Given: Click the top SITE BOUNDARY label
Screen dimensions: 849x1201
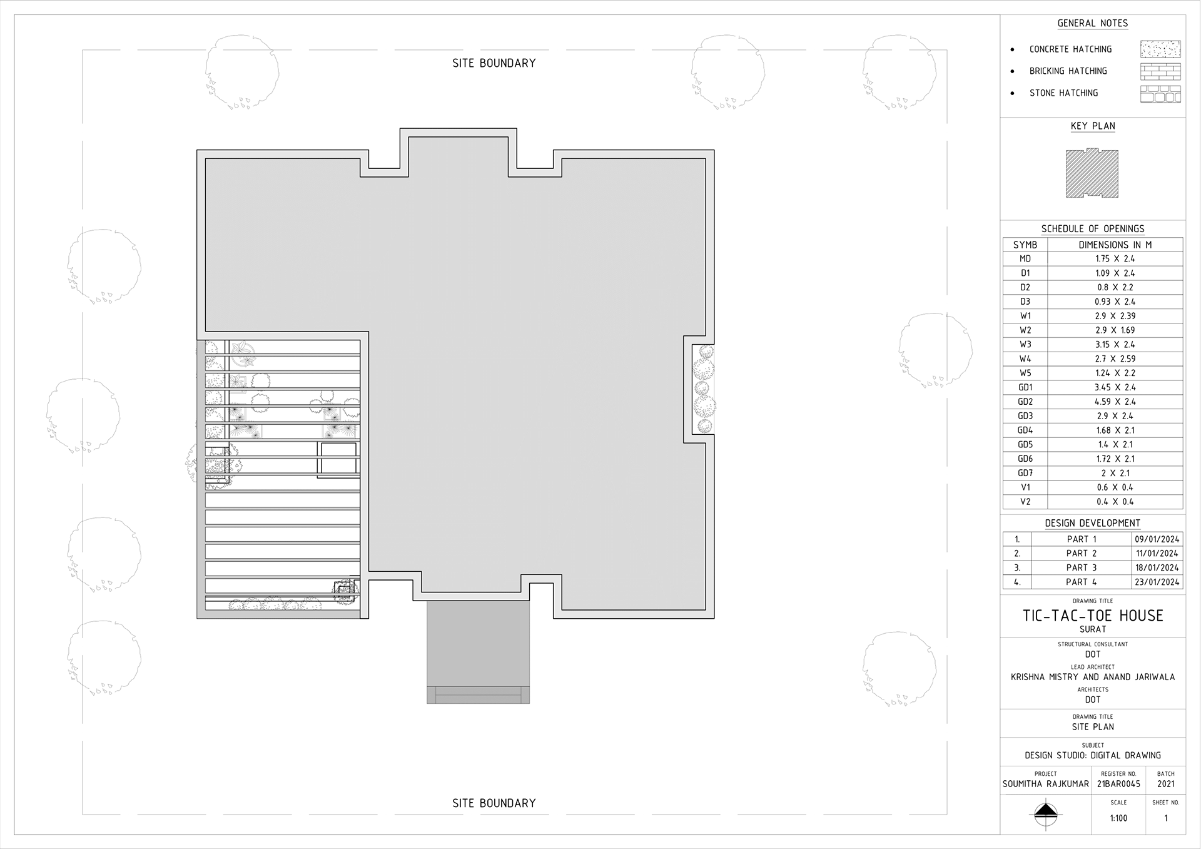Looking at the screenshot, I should (494, 63).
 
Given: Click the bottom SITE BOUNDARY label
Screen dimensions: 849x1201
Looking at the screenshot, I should (494, 803).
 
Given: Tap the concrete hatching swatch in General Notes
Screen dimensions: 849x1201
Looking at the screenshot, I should (1160, 49).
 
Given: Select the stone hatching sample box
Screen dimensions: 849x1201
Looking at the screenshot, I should (1160, 94).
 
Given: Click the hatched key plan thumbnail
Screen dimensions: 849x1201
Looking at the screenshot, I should (1092, 173).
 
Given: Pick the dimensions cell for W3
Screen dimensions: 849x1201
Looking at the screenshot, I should (1115, 345).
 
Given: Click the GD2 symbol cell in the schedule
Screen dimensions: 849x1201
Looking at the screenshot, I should (1025, 402).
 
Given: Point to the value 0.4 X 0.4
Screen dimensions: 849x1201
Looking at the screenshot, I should (1115, 502).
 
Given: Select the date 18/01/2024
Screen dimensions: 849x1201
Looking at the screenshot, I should (1157, 567).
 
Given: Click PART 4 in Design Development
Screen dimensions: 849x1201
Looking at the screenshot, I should (1081, 582).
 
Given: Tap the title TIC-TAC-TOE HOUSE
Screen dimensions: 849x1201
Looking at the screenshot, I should (1092, 616).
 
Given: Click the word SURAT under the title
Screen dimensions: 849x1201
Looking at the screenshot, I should (1092, 629).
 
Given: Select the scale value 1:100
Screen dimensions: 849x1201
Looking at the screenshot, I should (1118, 818).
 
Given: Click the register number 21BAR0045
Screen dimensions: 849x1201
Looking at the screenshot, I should (1118, 784).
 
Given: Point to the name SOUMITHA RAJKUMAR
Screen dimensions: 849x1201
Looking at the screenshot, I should (1045, 784).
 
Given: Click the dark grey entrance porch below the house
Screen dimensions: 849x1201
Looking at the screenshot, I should (478, 648).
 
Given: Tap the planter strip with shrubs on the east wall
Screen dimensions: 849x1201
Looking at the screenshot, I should (704, 389).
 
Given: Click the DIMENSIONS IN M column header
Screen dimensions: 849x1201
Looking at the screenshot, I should (1115, 245).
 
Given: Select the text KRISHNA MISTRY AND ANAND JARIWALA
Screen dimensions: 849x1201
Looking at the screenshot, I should (1092, 677).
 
